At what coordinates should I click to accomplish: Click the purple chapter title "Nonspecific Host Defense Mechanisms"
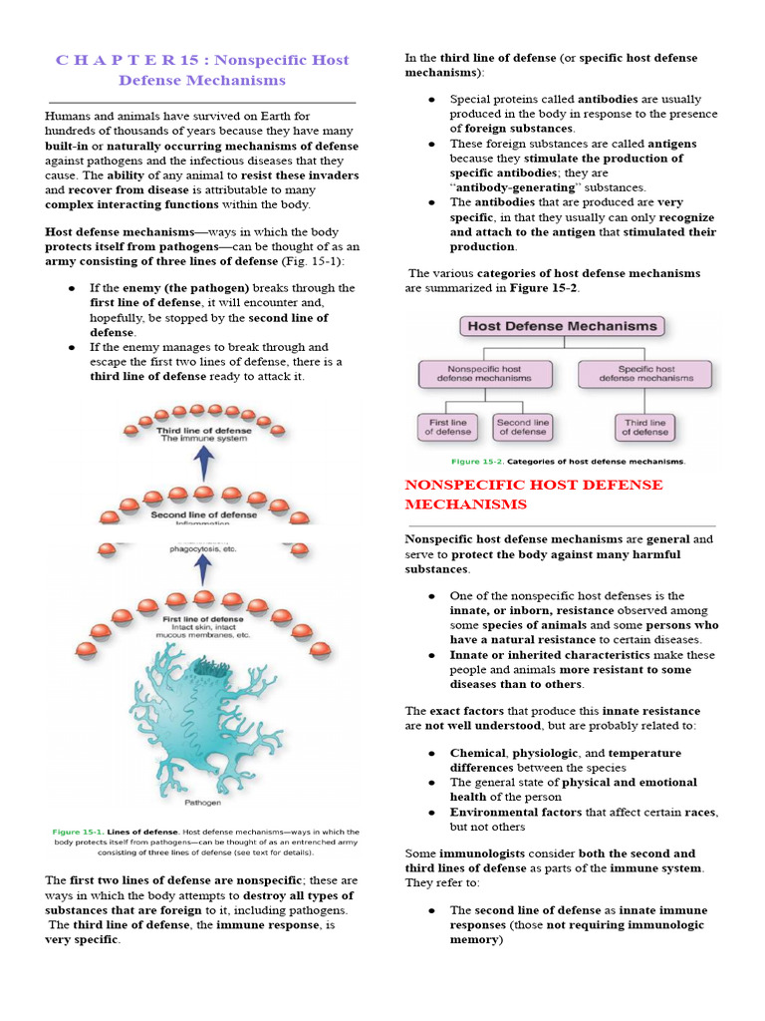202,70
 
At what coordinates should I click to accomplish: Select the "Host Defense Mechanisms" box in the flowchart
563,326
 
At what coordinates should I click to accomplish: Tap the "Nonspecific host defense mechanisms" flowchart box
483,374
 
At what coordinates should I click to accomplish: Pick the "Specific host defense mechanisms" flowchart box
644,374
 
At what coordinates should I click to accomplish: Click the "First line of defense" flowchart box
447,427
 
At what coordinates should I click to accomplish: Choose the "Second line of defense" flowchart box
522,427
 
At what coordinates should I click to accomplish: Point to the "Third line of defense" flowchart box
644,427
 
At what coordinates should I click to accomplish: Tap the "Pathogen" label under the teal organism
203,801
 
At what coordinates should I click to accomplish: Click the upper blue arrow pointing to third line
203,463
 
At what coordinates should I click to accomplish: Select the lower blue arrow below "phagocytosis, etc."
203,568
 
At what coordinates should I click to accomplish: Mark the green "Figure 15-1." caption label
77,832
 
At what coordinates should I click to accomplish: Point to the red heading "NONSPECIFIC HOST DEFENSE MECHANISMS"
533,494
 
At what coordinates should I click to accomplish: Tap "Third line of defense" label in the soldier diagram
203,430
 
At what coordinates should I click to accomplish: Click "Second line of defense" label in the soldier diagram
203,514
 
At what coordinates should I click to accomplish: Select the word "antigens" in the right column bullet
671,144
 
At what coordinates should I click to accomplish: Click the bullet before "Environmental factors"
431,813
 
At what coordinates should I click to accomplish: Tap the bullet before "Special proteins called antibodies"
431,100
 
